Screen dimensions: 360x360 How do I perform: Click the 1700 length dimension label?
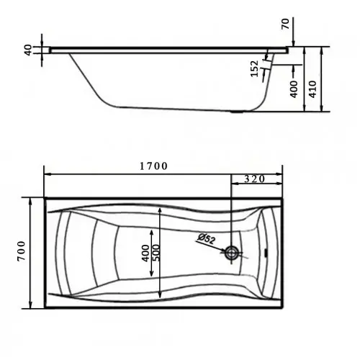pyautogui.click(x=153, y=166)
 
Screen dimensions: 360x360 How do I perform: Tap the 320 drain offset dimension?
pyautogui.click(x=255, y=179)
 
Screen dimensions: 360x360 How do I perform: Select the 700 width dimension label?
pyautogui.click(x=22, y=251)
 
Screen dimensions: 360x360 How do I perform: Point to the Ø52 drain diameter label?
pyautogui.click(x=206, y=239)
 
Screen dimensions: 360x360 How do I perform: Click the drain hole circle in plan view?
pyautogui.click(x=231, y=253)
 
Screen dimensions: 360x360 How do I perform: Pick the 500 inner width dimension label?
pyautogui.click(x=156, y=253)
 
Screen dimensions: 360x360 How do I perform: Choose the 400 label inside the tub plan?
pyautogui.click(x=145, y=253)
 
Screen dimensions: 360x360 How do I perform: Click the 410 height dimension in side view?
pyautogui.click(x=312, y=89)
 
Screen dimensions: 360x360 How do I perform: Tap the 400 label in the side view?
pyautogui.click(x=294, y=89)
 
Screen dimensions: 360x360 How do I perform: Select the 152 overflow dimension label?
pyautogui.click(x=254, y=69)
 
